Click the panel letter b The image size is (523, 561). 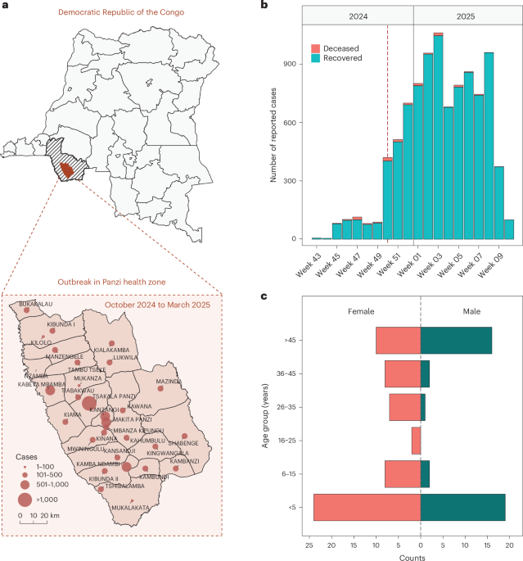[x=264, y=7]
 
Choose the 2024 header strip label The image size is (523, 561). [x=358, y=15]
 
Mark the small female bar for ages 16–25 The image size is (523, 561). [x=416, y=440]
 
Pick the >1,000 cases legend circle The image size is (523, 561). [x=25, y=499]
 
